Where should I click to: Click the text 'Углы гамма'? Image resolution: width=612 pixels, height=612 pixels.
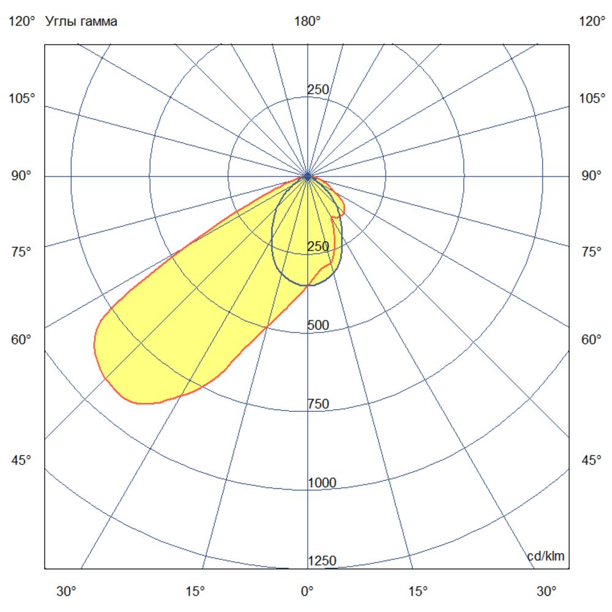pos(81,22)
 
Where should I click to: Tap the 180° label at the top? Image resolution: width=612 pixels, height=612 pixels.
pos(307,22)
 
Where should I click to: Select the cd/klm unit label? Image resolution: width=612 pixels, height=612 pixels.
pos(546,556)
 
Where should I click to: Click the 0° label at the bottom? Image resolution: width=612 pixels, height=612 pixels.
pos(307,592)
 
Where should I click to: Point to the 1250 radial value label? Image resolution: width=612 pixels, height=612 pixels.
pos(322,561)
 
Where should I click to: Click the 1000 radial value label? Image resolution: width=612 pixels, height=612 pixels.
pos(322,483)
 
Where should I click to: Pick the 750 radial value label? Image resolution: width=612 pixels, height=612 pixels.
pos(318,404)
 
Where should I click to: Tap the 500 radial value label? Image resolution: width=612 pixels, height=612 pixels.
pos(318,325)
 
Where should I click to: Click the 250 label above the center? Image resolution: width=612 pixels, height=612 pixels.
pos(318,90)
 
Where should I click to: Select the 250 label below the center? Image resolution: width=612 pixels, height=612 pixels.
pos(318,247)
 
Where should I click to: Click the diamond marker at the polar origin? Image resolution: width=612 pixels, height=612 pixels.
pos(307,176)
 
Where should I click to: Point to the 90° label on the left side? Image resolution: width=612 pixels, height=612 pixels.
pos(22,176)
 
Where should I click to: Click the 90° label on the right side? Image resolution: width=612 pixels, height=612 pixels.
pos(591,176)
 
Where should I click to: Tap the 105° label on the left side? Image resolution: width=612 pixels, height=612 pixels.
pos(22,99)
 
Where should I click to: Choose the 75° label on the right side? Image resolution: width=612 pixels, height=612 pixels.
pos(591,252)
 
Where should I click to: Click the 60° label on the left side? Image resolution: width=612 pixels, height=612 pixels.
pos(22,340)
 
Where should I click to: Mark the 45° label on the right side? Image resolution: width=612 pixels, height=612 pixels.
pos(591,460)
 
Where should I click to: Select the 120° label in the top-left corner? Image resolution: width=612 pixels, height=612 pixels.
pos(22,22)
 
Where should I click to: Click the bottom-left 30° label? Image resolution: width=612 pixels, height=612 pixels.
pos(67,592)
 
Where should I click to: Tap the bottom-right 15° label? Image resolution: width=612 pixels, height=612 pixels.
pos(418,592)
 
